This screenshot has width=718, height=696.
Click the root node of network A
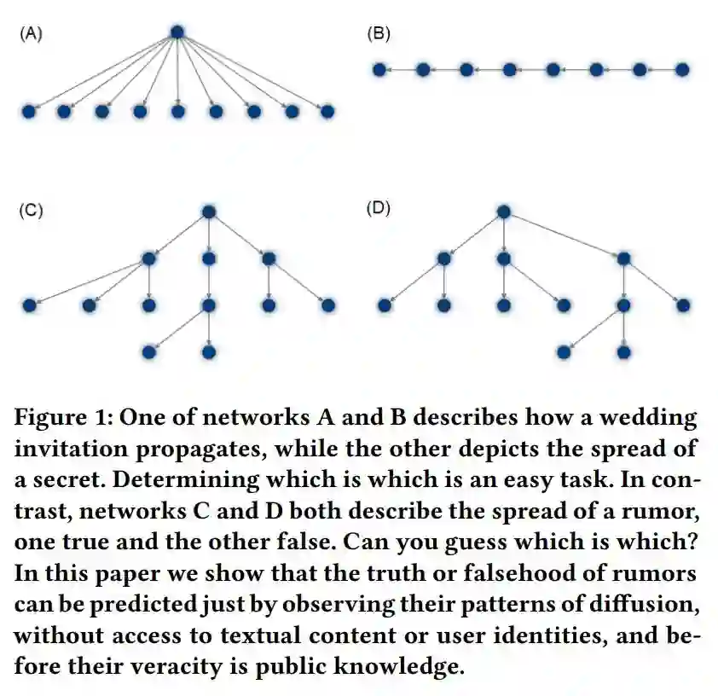click(x=177, y=32)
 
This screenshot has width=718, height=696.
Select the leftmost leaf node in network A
click(x=28, y=111)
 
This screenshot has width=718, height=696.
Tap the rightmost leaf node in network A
click(x=327, y=111)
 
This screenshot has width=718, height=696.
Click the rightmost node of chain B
click(x=682, y=69)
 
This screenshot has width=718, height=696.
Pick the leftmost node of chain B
click(x=379, y=69)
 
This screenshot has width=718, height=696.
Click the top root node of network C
click(x=209, y=212)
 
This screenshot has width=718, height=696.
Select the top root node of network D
click(x=503, y=212)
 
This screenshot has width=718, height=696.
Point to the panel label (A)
click(x=32, y=34)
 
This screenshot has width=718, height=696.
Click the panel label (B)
click(x=378, y=34)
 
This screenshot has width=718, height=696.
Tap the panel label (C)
click(x=32, y=211)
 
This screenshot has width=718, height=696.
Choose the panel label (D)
click(x=378, y=209)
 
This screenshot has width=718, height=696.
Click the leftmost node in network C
click(x=30, y=304)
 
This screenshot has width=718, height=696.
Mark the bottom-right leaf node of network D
click(x=623, y=351)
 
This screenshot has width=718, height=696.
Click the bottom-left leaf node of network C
click(x=149, y=351)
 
